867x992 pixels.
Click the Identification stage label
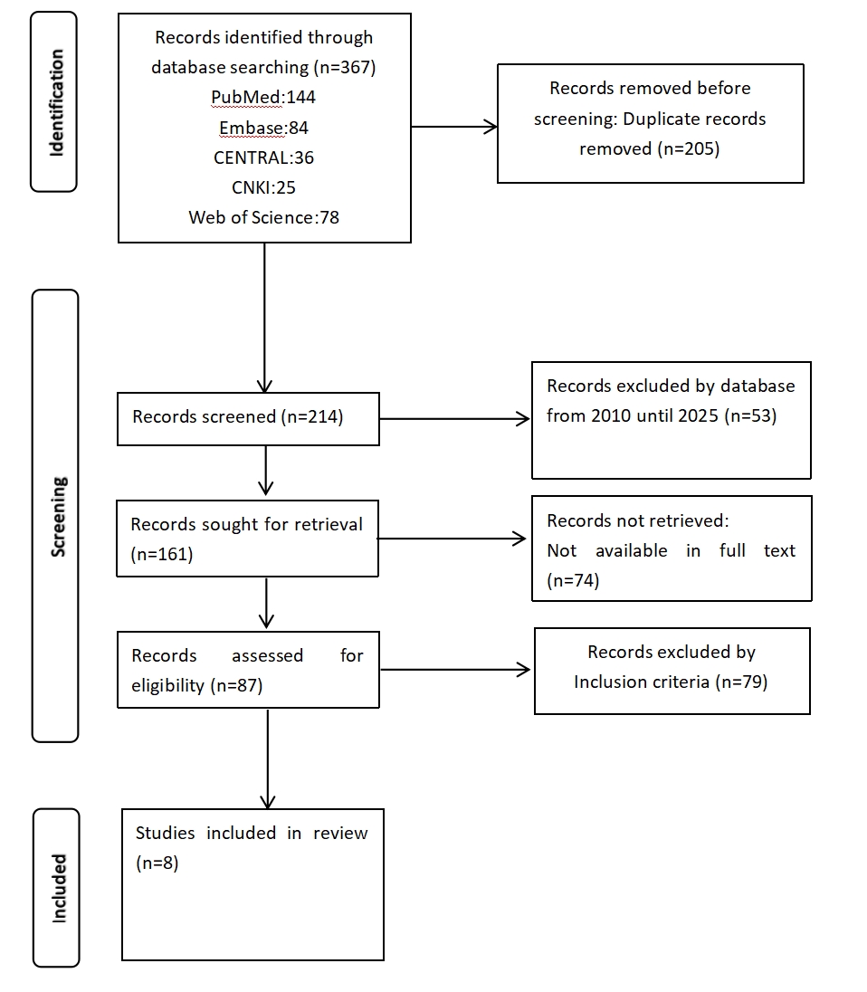coord(56,102)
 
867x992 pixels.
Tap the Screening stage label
coord(58,517)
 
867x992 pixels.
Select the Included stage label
coord(59,888)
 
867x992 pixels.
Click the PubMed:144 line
coord(263,98)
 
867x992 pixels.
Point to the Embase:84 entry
coord(263,128)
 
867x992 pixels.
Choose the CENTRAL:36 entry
coord(263,157)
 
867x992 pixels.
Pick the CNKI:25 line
coord(263,187)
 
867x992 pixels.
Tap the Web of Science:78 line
coord(263,217)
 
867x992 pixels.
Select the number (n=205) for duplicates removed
coord(689,149)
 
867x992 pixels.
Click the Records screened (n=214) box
coord(248,419)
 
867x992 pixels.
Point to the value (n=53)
coord(750,416)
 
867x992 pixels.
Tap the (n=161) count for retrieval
coord(162,555)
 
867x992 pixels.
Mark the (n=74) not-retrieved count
coord(573,581)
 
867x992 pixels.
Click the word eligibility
coord(167,686)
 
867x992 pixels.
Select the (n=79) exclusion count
coord(742,682)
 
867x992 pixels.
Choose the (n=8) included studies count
coord(157,863)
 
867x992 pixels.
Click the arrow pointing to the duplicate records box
coord(454,127)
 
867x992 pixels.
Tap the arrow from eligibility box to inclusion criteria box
coord(455,670)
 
